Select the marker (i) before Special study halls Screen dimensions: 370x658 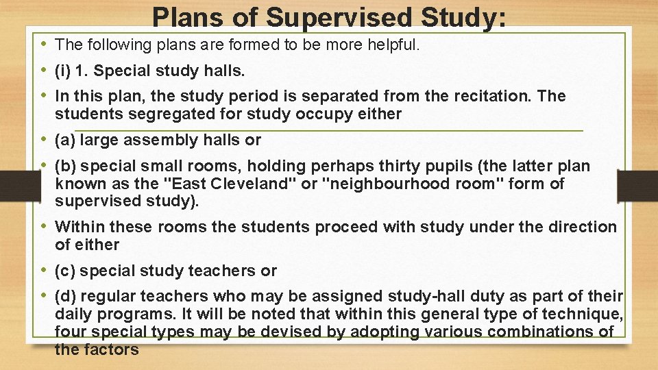[64, 71]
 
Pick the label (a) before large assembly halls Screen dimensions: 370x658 [65, 140]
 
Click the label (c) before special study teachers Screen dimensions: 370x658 [65, 271]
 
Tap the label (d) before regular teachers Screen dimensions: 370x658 [65, 297]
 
